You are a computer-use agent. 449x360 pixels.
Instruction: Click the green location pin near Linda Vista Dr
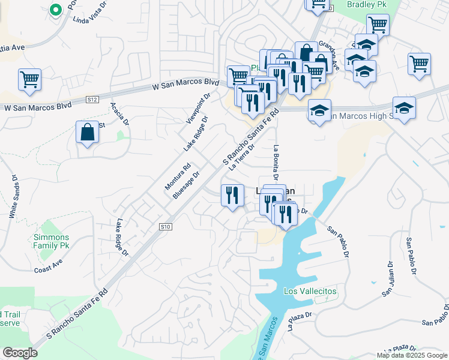[x=55, y=10]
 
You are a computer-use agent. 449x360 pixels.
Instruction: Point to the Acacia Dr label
[x=120, y=113]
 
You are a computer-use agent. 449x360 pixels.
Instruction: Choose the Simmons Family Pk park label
[x=55, y=241]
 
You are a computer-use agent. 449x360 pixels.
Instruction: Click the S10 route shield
[x=166, y=227]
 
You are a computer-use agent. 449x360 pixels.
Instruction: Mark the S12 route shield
[x=92, y=98]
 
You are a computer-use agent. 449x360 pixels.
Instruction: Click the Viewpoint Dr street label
[x=199, y=107]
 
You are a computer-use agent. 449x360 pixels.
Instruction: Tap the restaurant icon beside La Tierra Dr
[x=232, y=195]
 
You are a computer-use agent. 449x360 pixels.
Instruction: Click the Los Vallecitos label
[x=310, y=291]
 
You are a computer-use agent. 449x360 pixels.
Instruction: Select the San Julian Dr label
[x=388, y=279]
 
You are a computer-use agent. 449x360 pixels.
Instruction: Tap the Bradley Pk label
[x=367, y=4]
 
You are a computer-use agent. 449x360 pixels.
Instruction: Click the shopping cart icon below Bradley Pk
[x=378, y=25]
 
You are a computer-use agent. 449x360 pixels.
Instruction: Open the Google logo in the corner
[x=20, y=353]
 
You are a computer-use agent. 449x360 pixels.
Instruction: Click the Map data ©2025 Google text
[x=412, y=355]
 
